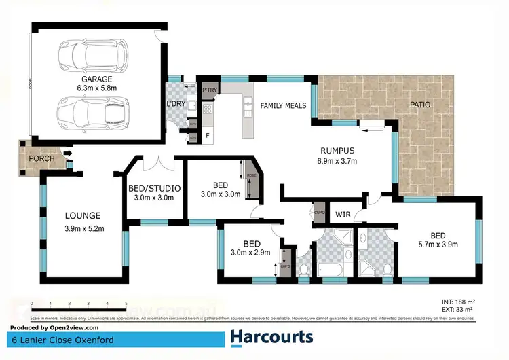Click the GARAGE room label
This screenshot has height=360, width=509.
[x=94, y=79]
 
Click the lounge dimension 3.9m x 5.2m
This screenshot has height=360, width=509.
[x=84, y=228]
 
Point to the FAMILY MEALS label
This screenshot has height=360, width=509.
[x=284, y=105]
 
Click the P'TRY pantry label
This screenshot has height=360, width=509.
[x=208, y=89]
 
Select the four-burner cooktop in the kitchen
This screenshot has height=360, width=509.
[x=208, y=108]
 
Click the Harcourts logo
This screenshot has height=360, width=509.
[x=271, y=337]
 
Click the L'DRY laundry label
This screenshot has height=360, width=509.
[x=176, y=103]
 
